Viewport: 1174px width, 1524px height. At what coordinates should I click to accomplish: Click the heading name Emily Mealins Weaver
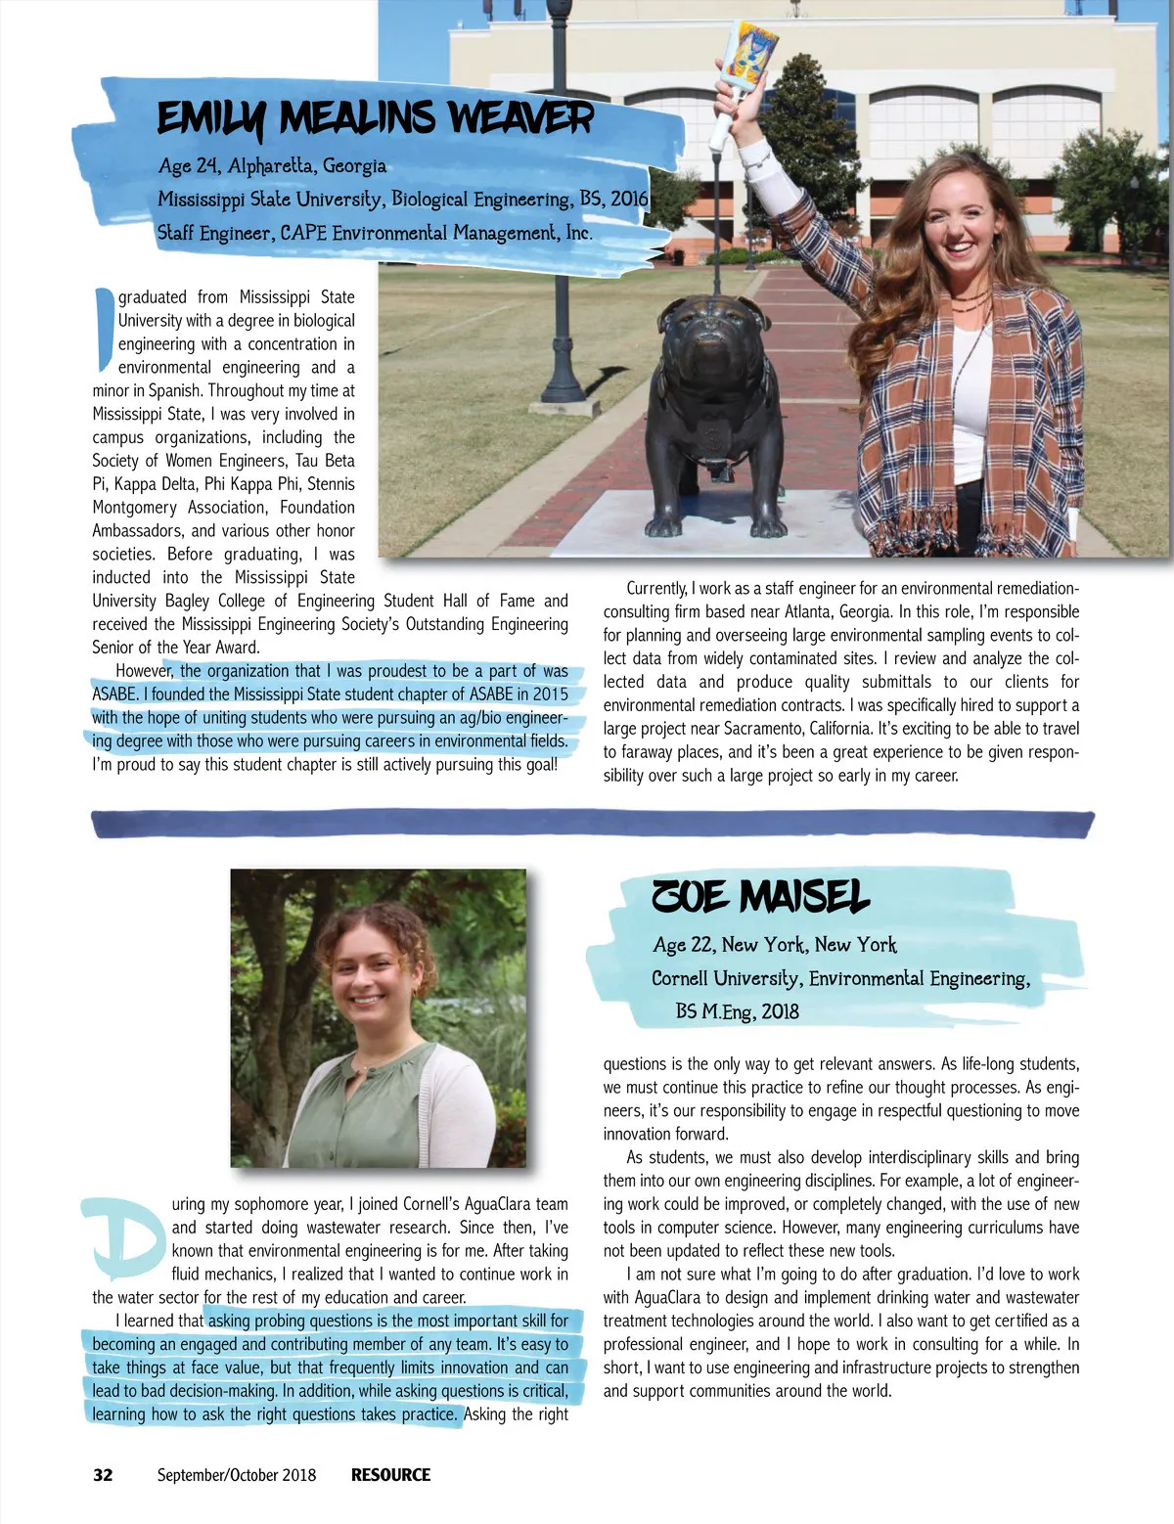pos(375,119)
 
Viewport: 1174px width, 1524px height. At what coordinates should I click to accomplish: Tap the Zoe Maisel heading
pos(760,896)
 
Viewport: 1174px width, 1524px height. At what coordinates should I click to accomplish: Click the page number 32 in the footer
pos(103,1475)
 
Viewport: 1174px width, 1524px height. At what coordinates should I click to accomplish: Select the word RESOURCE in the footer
pos(390,1475)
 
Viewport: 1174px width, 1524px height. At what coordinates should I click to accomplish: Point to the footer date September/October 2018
pos(237,1475)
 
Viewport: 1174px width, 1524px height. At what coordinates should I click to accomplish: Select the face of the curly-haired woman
pos(369,978)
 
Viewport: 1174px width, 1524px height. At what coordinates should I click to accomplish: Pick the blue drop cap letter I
pos(104,330)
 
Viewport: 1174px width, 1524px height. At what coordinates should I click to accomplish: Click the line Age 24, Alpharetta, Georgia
pos(272,166)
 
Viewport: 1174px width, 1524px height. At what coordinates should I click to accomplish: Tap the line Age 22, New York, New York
pos(774,945)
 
